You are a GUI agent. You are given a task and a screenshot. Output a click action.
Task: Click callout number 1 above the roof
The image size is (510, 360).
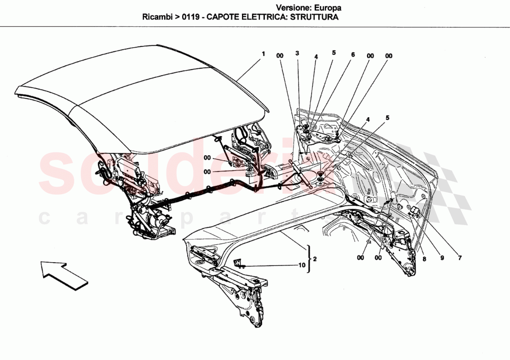(x=263, y=54)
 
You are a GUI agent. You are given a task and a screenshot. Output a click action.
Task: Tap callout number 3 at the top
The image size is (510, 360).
(x=297, y=53)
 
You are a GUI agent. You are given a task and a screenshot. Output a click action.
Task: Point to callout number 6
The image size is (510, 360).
(x=352, y=54)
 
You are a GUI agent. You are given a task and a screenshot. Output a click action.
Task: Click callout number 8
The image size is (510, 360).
(x=424, y=259)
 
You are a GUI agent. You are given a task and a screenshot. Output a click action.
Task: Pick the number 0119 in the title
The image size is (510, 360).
(x=191, y=18)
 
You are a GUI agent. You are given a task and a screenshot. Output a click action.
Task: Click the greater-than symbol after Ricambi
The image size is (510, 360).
(x=177, y=18)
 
